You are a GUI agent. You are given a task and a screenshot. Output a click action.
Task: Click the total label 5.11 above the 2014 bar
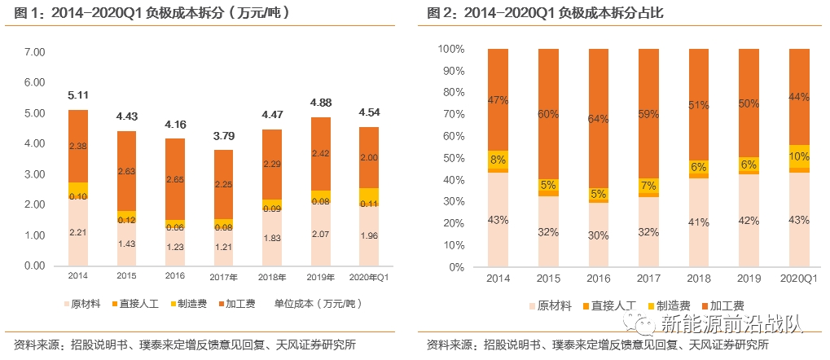77,95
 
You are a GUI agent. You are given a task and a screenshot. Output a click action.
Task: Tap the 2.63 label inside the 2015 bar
126,172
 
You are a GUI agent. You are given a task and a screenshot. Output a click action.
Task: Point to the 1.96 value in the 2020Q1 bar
367,237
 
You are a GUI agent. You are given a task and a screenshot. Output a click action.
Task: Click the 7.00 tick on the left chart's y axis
34,52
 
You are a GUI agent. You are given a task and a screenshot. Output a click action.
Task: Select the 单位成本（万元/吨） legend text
314,303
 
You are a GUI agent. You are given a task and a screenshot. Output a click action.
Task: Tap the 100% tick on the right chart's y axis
450,49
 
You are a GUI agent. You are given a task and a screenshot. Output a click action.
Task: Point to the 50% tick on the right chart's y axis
453,158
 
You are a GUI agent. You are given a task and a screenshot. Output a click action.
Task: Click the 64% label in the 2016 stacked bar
599,119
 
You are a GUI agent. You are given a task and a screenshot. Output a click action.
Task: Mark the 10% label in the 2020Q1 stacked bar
800,156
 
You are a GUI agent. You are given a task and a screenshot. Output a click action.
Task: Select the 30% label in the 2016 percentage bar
599,234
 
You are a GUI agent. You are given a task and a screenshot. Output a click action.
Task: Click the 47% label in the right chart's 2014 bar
498,100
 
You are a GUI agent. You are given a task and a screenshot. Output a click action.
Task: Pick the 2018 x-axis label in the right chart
699,279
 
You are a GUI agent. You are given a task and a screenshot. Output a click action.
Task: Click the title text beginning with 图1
151,14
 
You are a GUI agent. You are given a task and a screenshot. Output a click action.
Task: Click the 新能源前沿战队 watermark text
731,325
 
